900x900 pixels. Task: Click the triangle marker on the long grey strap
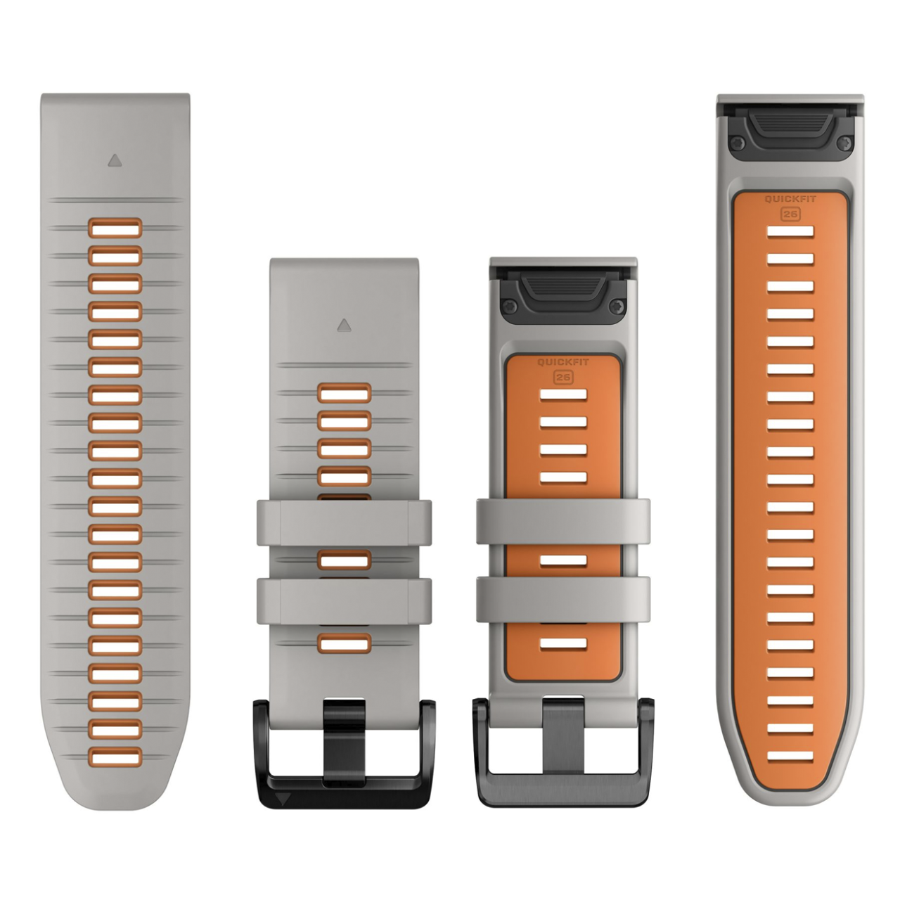click(x=115, y=161)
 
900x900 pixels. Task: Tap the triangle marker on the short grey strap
click(x=345, y=326)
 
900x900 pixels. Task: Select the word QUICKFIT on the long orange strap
click(x=790, y=199)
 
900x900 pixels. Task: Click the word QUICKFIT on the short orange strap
click(x=562, y=362)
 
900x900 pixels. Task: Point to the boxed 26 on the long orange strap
click(x=790, y=214)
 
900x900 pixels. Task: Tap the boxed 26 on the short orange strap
click(x=562, y=378)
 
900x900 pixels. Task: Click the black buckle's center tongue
click(x=344, y=742)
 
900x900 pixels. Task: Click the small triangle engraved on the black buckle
click(x=283, y=798)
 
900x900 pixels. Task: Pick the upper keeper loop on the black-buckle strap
click(x=345, y=522)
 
